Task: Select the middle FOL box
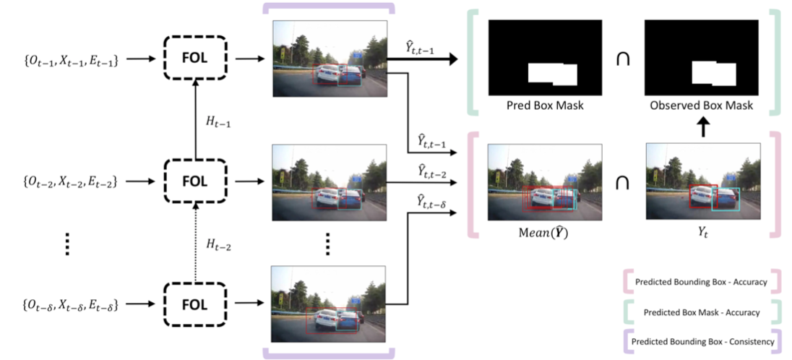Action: pyautogui.click(x=194, y=179)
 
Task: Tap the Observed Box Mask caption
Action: pyautogui.click(x=701, y=106)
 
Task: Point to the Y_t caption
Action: pyautogui.click(x=701, y=233)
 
